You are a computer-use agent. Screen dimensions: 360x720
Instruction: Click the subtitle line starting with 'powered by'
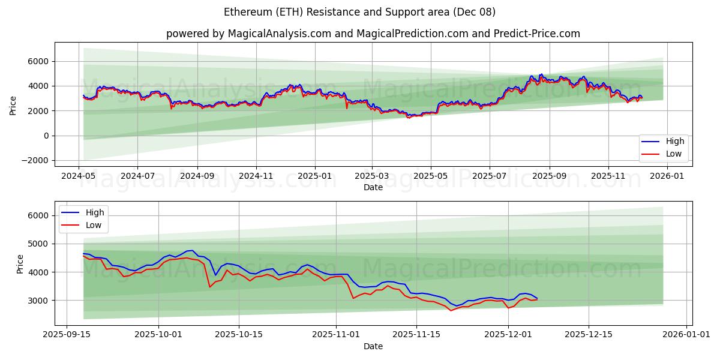coord(373,34)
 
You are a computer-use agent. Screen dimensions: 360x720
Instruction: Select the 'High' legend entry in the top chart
coord(674,142)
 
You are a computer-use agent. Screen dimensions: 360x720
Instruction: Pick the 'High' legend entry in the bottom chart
coord(95,212)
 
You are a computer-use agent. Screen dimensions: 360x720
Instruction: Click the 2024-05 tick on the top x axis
coord(79,176)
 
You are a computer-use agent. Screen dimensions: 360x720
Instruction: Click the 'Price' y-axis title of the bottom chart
coord(20,263)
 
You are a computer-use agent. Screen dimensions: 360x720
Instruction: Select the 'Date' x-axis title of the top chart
coord(373,187)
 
